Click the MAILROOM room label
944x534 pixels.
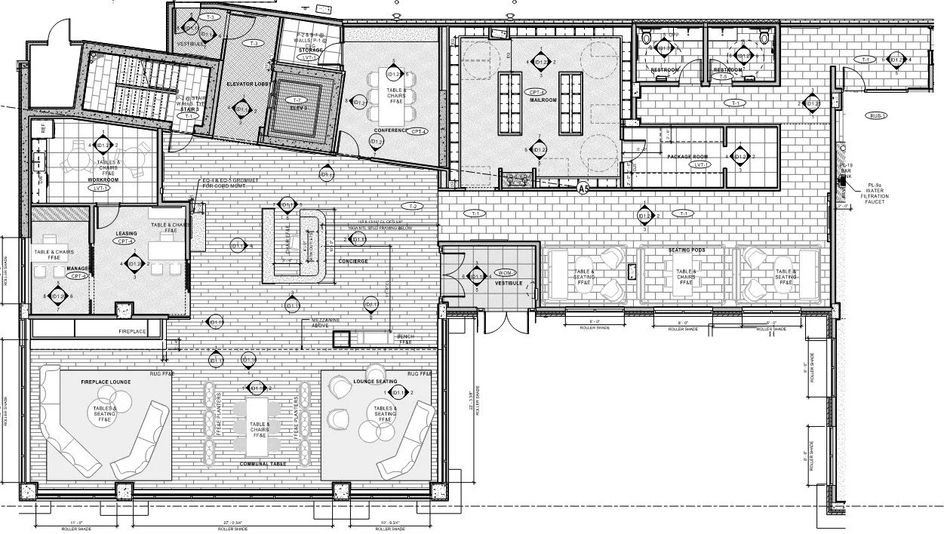pos(543,100)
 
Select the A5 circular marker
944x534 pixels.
pos(583,188)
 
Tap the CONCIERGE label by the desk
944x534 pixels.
pos(353,261)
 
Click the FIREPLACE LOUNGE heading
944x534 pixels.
pos(106,382)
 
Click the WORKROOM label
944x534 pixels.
pos(103,180)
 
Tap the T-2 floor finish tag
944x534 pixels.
pos(412,206)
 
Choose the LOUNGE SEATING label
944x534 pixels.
pos(375,382)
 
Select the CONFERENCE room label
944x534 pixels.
pos(389,130)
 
